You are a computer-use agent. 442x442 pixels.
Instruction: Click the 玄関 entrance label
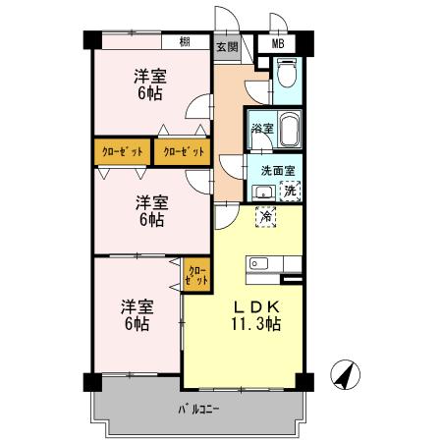[x=226, y=45]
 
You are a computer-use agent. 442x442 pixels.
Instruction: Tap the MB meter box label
[x=278, y=44]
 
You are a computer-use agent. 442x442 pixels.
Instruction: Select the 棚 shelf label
[x=186, y=42]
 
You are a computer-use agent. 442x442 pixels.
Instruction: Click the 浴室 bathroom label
[x=261, y=129]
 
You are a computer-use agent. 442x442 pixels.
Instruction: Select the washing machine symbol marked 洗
[x=290, y=191]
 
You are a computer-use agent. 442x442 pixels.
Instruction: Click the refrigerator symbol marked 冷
[x=265, y=216]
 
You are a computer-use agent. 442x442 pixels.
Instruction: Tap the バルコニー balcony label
[x=198, y=409]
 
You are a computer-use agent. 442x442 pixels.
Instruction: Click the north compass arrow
[x=347, y=375]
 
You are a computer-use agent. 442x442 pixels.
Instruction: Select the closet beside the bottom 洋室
[x=196, y=271]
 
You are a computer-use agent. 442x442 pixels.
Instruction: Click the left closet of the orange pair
[x=123, y=151]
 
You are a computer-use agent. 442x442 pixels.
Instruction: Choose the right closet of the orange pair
[x=184, y=151]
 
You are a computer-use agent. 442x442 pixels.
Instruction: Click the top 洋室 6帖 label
[x=150, y=85]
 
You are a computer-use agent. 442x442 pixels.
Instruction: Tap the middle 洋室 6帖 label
[x=150, y=211]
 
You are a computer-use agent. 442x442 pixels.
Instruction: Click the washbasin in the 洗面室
[x=261, y=192]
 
